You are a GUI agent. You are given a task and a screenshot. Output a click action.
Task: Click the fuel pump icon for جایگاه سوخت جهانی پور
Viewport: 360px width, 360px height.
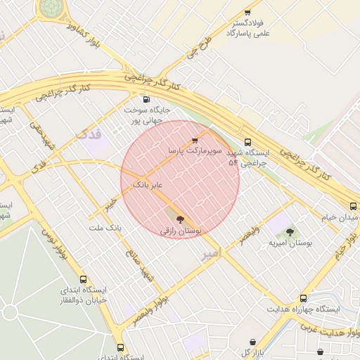(x=146, y=99)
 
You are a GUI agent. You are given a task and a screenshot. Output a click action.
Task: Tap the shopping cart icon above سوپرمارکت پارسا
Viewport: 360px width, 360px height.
(x=195, y=141)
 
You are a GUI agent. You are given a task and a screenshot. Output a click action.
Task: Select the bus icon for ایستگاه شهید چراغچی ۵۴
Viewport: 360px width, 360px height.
(x=247, y=142)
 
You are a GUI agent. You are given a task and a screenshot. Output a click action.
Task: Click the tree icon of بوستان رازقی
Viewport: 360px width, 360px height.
(x=181, y=219)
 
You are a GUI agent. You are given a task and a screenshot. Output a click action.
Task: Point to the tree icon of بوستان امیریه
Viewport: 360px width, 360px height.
(x=290, y=232)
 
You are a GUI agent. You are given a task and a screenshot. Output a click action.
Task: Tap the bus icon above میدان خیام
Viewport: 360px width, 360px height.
(x=353, y=206)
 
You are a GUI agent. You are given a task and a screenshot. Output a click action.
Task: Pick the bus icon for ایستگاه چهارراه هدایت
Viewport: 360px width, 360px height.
(x=303, y=298)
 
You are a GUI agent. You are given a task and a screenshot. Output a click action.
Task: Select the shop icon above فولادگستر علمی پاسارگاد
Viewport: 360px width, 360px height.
(x=247, y=12)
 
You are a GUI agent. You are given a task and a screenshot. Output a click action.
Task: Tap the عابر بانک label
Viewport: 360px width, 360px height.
(x=149, y=184)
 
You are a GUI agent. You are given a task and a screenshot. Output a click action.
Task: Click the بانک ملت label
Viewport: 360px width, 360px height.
(x=105, y=229)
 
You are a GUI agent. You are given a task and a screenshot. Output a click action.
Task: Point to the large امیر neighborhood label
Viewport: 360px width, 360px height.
(x=210, y=252)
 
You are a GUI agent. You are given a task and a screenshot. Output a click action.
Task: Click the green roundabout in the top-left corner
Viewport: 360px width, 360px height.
(x=50, y=7)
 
